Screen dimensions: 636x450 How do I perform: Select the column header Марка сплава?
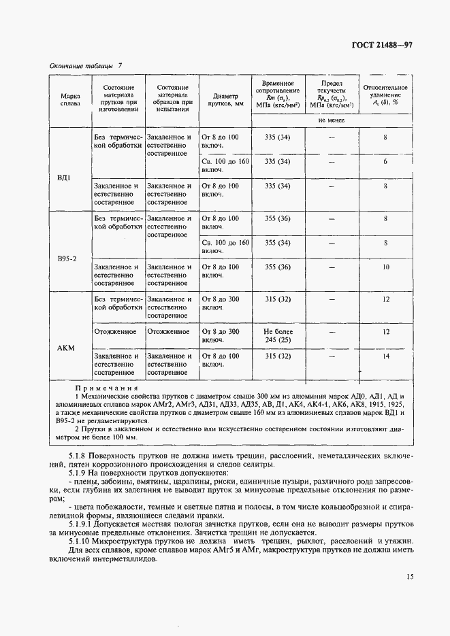[70, 99]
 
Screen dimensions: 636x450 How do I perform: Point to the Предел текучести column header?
[332, 94]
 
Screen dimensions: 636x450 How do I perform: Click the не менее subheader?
[332, 120]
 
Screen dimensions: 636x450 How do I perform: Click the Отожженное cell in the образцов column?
[167, 332]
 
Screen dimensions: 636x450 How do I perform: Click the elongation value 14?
[385, 356]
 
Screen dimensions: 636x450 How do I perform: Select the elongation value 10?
[385, 267]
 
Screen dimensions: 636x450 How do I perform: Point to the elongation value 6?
[385, 162]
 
